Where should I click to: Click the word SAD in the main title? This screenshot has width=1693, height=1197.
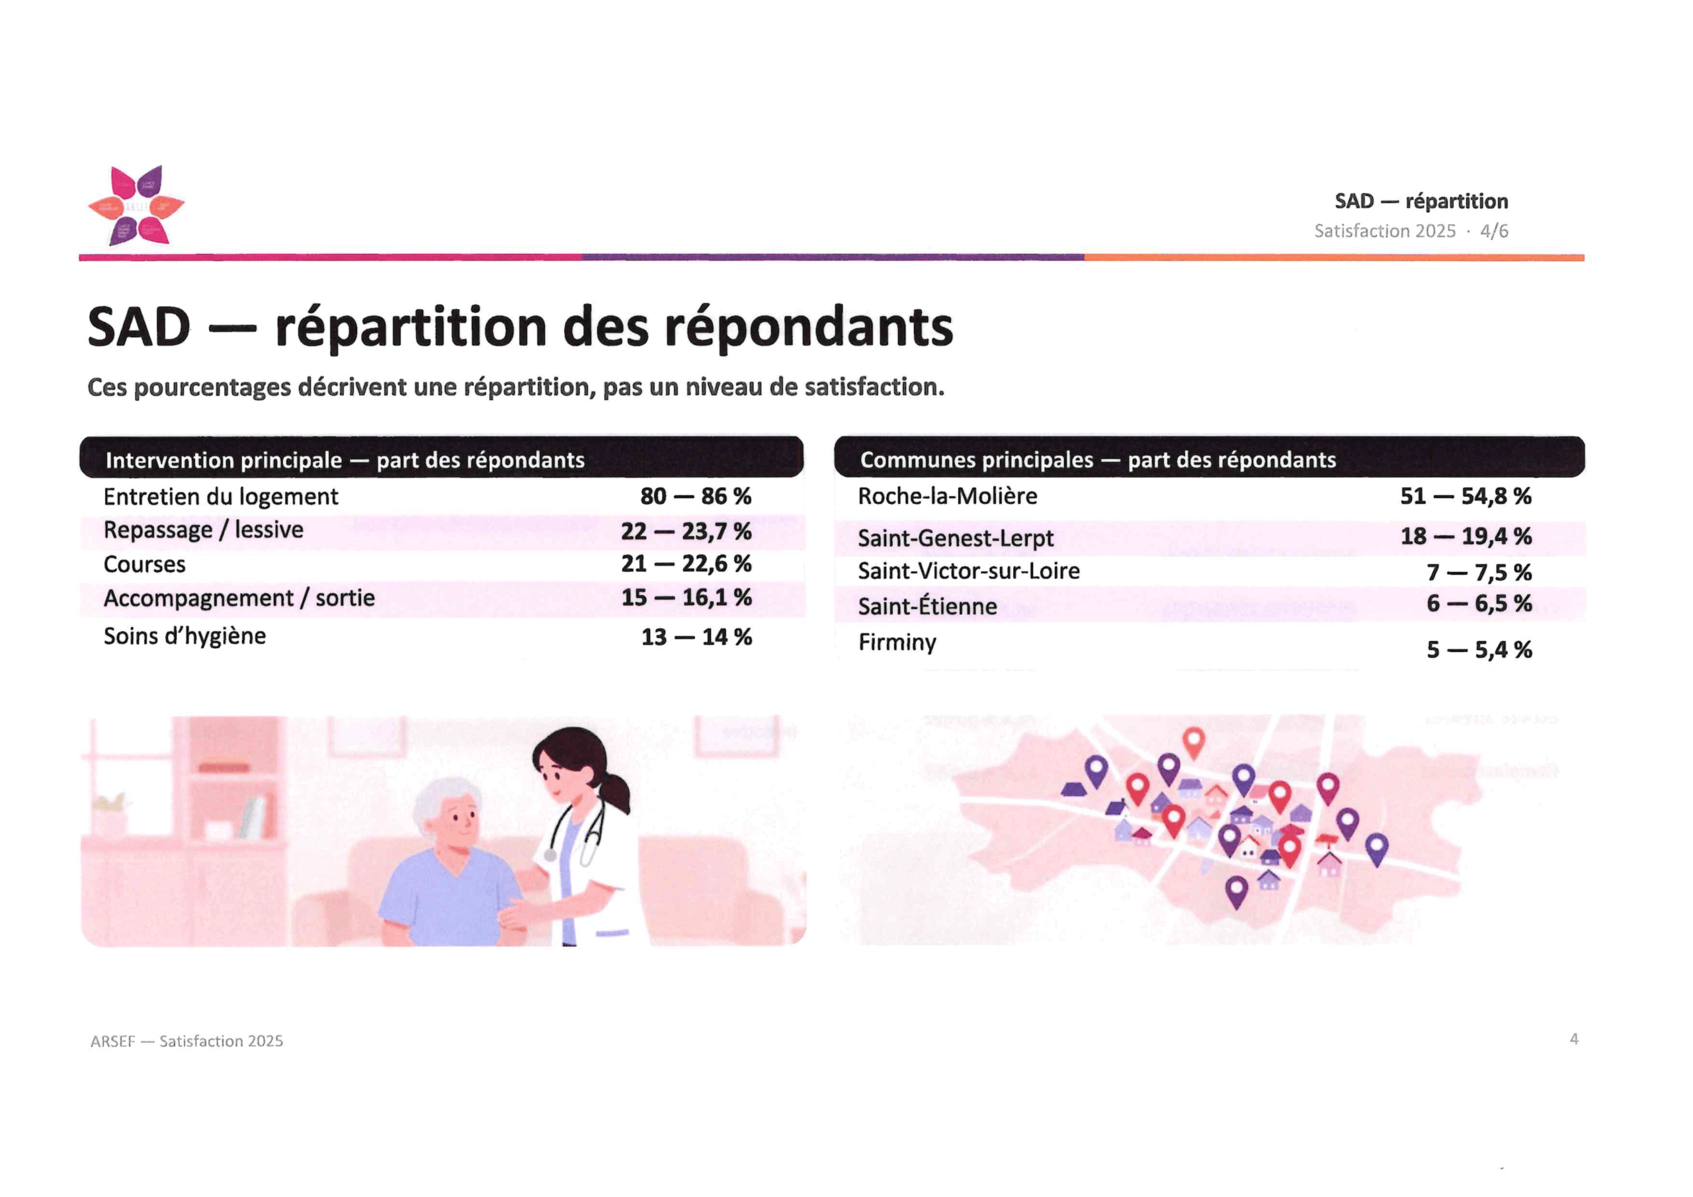click(x=140, y=327)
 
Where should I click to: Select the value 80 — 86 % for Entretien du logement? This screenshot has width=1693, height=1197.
click(x=696, y=497)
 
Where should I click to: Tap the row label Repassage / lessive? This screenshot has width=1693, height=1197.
click(x=204, y=530)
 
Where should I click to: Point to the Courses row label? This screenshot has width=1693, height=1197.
click(x=145, y=565)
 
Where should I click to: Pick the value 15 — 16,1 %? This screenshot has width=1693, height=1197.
click(x=686, y=597)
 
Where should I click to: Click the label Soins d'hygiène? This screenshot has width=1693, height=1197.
click(x=185, y=636)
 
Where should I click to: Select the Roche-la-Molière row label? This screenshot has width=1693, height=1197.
click(x=948, y=497)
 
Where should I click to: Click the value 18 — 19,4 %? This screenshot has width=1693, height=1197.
click(x=1466, y=536)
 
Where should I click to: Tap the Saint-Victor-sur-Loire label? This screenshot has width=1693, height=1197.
click(x=969, y=571)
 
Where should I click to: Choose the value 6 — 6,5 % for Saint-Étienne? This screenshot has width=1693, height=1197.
click(x=1479, y=604)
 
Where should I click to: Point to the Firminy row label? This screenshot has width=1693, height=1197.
click(x=897, y=642)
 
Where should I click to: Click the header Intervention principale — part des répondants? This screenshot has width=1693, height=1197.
click(x=345, y=460)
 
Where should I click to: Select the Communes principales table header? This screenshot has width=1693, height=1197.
click(x=1098, y=460)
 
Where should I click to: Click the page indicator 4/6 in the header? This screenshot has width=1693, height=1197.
click(x=1494, y=231)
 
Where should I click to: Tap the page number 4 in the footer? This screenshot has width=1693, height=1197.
click(x=1574, y=1039)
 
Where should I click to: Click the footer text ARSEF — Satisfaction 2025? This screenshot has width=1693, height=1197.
click(x=186, y=1042)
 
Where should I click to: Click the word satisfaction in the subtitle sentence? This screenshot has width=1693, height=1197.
click(x=872, y=387)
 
